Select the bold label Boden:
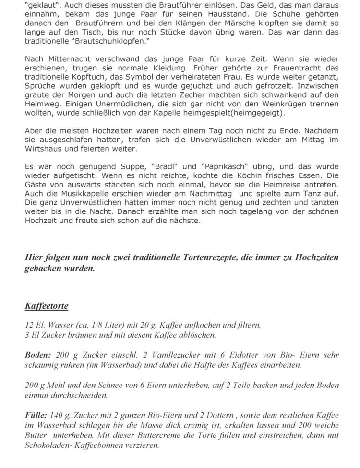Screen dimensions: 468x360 [37, 355]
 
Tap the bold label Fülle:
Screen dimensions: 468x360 [36, 415]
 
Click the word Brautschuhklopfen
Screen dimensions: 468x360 [109, 42]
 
